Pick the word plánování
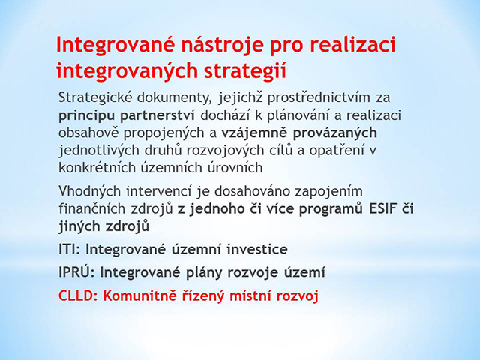point(301,115)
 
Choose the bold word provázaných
point(335,133)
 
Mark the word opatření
point(337,151)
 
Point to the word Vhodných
point(90,191)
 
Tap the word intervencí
point(159,191)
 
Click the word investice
point(257,249)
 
